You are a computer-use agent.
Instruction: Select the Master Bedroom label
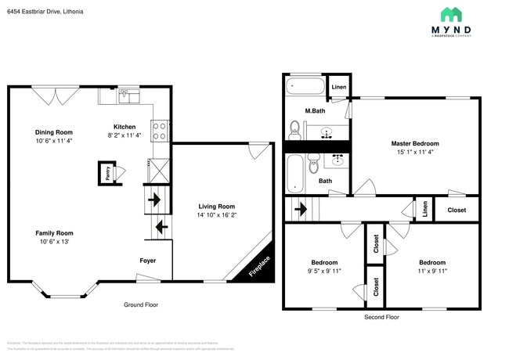click(x=415, y=143)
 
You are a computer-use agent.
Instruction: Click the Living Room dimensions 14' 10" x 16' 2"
click(x=215, y=214)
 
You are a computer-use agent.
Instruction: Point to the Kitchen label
click(x=125, y=126)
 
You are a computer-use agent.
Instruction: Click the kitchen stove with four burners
click(x=160, y=130)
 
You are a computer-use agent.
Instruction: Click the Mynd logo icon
click(x=450, y=15)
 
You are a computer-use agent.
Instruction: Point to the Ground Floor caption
click(x=141, y=304)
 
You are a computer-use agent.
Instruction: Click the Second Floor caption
click(x=381, y=317)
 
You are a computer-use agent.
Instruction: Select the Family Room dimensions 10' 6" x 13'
click(x=54, y=241)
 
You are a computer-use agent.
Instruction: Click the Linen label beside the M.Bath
click(x=339, y=87)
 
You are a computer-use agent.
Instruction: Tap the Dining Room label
click(x=54, y=132)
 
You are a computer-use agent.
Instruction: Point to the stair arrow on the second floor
click(x=298, y=209)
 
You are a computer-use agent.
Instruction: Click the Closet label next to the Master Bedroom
click(x=457, y=210)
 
